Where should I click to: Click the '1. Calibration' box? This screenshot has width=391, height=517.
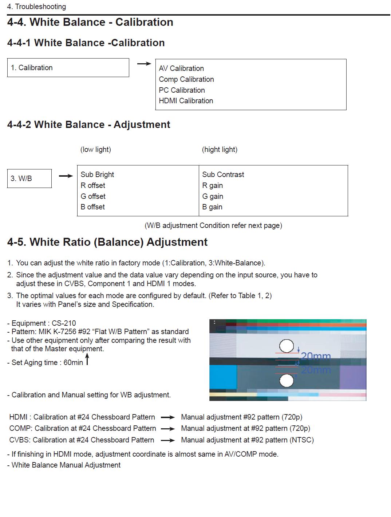[68, 68]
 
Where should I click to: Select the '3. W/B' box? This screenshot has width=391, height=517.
[29, 179]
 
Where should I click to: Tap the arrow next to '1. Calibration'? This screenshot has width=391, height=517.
[144, 64]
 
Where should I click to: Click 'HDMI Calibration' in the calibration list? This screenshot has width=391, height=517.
[186, 101]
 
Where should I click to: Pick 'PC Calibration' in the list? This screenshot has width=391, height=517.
[182, 90]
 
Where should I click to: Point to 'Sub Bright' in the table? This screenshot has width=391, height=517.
[97, 175]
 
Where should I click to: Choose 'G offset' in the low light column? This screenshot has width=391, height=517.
[93, 196]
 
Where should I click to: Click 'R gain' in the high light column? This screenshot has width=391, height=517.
[212, 185]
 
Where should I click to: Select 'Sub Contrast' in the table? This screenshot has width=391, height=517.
[223, 175]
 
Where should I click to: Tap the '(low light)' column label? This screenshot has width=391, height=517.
[95, 149]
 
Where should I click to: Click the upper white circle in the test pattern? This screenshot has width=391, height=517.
[287, 346]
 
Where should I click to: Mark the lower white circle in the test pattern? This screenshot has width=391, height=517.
[287, 381]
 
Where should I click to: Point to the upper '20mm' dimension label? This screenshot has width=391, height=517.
[316, 356]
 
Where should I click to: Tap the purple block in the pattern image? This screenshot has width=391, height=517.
[352, 377]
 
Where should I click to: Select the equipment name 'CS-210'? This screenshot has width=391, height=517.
[64, 323]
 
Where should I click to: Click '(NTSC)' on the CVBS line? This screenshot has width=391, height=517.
[301, 440]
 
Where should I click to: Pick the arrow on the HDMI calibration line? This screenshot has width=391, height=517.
[168, 417]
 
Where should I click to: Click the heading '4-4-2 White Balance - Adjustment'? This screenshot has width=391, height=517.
[88, 125]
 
